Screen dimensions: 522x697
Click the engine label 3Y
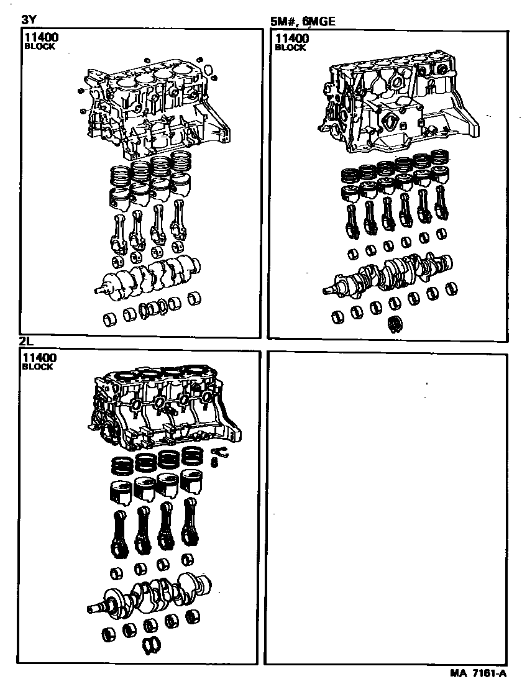tap(29, 20)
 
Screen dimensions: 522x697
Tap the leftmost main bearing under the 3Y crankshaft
tap(111, 319)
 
